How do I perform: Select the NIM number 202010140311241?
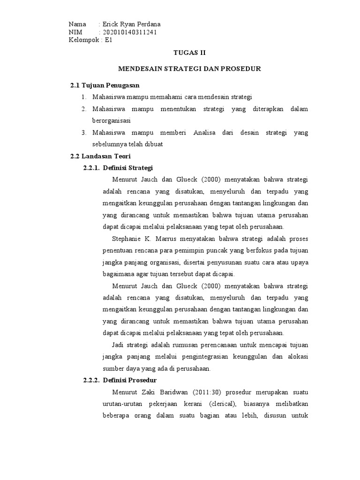(129, 32)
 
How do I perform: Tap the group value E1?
(109, 40)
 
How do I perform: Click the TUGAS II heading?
(189, 53)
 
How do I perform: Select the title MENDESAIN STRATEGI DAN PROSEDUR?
(189, 69)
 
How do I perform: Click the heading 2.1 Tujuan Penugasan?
(105, 85)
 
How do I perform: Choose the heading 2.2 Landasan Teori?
(101, 156)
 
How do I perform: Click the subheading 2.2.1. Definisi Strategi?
(118, 168)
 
